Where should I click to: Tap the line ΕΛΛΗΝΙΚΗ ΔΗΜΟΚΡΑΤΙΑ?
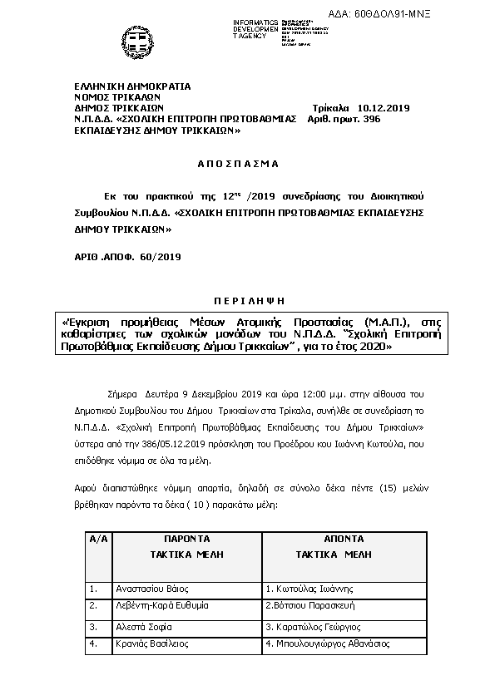[x=132, y=86]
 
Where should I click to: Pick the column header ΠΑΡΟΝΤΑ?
[x=185, y=539]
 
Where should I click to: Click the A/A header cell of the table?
[x=98, y=539]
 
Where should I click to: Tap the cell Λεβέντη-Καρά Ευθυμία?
[x=163, y=607]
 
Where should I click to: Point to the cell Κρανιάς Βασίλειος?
[x=152, y=643]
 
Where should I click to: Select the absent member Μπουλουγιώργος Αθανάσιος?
[x=327, y=643]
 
